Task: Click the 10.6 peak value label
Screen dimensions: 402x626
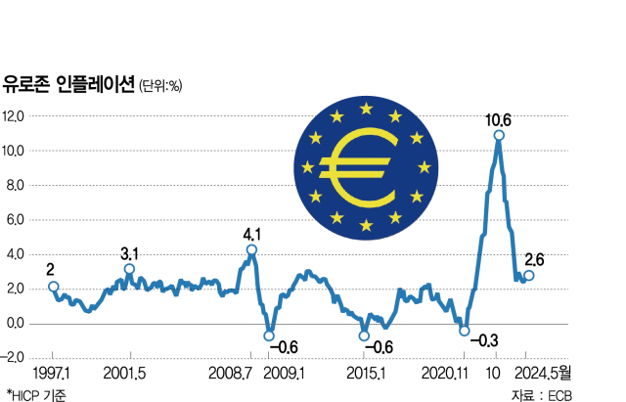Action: click(x=500, y=120)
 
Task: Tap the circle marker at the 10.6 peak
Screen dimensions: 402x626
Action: click(x=499, y=135)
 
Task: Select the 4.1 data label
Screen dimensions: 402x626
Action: click(x=252, y=234)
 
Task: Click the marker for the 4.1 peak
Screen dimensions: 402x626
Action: click(x=252, y=249)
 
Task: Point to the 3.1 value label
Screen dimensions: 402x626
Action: click(x=130, y=253)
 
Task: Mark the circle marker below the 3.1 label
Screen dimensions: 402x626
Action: click(x=129, y=268)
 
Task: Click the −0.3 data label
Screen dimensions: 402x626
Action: click(x=485, y=340)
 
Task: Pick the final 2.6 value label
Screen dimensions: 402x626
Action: click(x=536, y=259)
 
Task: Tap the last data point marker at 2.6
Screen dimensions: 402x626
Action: click(x=529, y=276)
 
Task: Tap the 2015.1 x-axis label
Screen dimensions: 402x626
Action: click(x=366, y=374)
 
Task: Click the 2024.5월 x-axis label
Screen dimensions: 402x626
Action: click(x=546, y=374)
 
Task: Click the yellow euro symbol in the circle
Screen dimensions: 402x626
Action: click(x=360, y=167)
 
